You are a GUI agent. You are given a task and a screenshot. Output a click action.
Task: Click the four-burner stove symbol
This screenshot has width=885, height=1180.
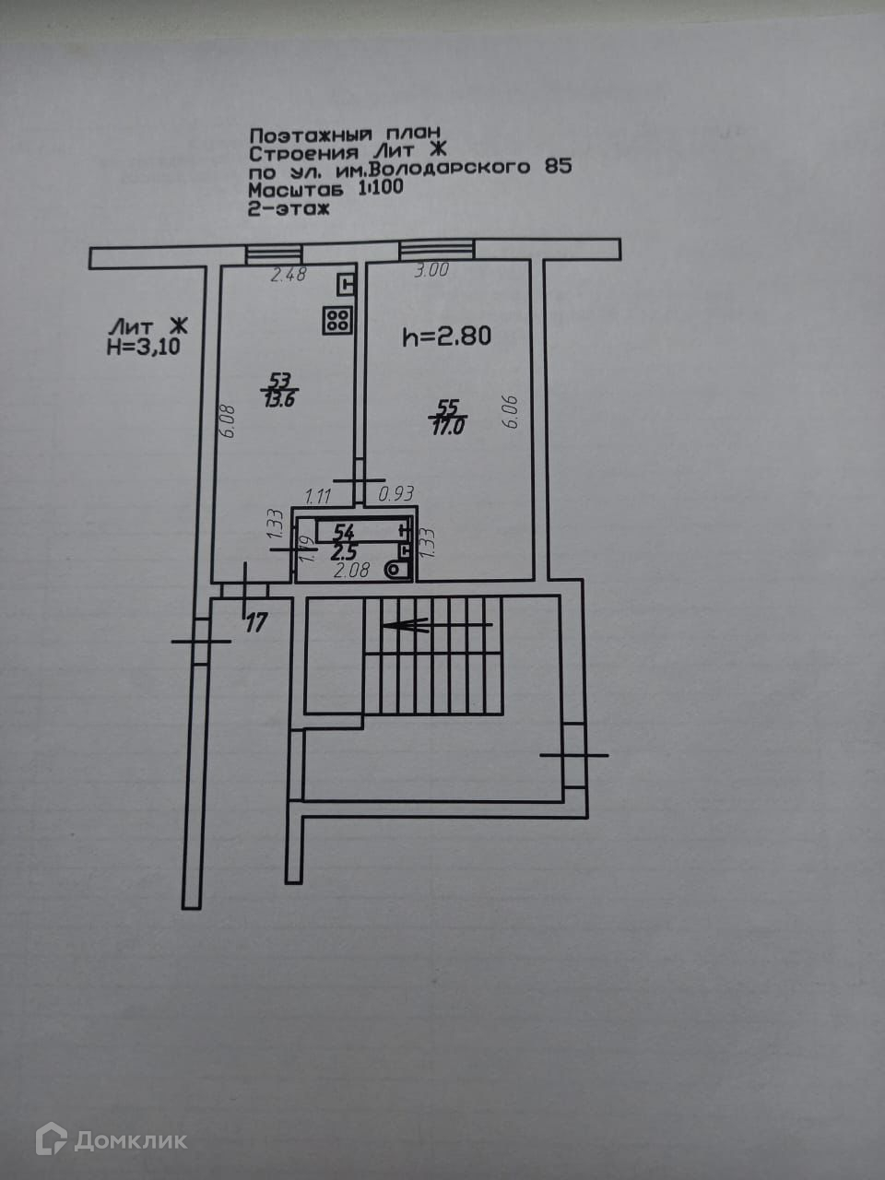(336, 320)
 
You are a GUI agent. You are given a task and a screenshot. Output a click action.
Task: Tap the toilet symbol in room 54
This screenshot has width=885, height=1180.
(398, 570)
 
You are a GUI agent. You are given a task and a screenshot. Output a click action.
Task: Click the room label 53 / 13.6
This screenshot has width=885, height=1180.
(280, 390)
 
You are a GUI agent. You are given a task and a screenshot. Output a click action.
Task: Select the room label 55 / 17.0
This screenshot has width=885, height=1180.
(448, 417)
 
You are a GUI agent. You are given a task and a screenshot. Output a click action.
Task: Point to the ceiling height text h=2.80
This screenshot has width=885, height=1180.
(447, 336)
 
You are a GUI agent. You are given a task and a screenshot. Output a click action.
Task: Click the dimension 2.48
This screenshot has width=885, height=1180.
(287, 273)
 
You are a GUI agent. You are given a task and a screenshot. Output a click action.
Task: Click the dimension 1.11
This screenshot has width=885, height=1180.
(317, 496)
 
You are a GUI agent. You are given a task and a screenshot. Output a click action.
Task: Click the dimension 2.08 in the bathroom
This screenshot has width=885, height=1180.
(352, 570)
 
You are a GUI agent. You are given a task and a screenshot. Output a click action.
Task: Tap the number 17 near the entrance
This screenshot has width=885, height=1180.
(255, 623)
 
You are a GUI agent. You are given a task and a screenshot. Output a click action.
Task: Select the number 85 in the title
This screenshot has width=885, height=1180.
(558, 167)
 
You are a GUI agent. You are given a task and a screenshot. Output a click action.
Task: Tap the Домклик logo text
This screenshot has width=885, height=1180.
(131, 1141)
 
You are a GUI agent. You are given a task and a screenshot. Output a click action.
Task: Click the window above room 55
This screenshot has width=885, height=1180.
(435, 250)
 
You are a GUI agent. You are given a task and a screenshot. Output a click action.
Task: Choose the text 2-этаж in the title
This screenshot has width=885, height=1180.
(289, 209)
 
